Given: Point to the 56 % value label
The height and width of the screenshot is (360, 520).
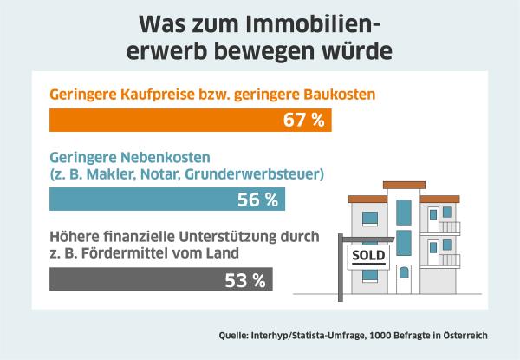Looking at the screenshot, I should (x=257, y=200).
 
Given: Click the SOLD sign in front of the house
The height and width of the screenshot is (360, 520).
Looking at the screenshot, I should (x=364, y=256).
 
